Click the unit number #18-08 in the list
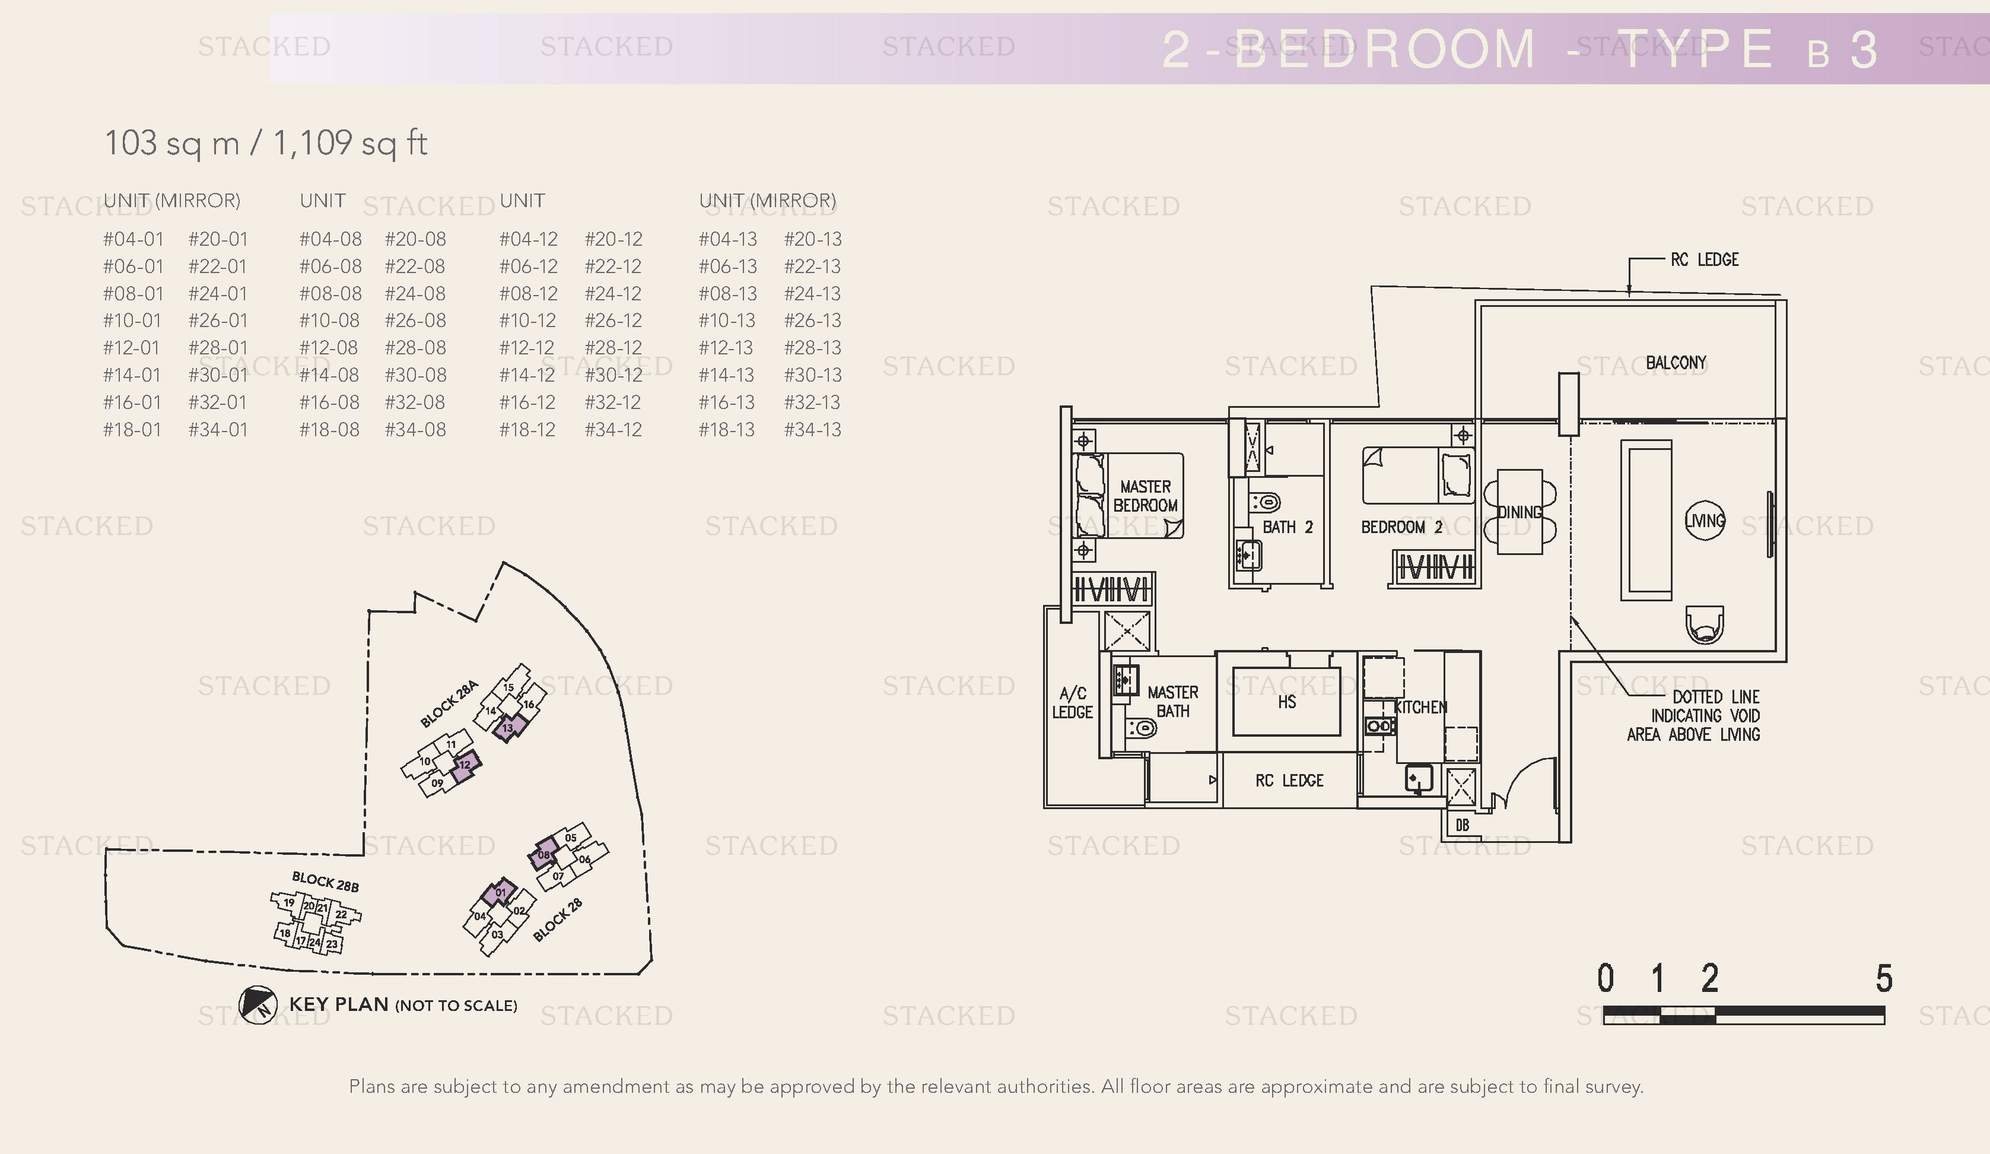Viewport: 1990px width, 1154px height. (329, 430)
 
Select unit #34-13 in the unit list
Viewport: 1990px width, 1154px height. (813, 430)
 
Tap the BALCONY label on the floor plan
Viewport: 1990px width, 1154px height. (1676, 363)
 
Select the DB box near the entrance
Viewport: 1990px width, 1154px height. (1462, 825)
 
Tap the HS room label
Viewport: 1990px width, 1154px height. (1286, 702)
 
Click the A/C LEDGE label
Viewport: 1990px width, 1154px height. (1072, 703)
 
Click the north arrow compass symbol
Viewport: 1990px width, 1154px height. (258, 1005)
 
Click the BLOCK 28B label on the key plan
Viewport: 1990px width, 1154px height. (325, 882)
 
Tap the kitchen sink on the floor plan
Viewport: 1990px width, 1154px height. (1418, 778)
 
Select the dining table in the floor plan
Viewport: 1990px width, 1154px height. (1519, 512)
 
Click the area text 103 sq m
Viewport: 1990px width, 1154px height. (171, 144)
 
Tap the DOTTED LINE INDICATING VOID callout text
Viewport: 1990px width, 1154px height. (1694, 716)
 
